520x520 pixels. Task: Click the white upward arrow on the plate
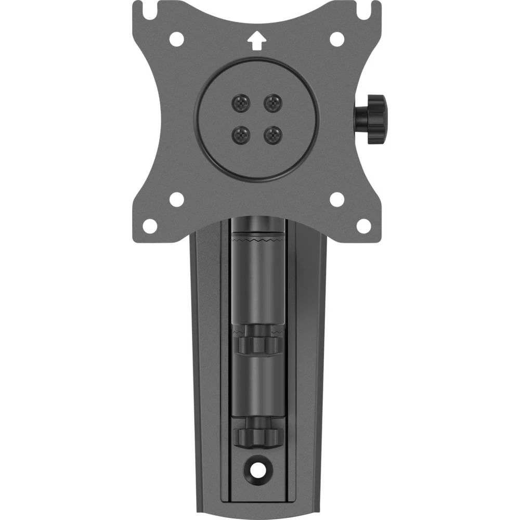tap(255, 41)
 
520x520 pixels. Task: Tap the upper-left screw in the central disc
tap(240, 102)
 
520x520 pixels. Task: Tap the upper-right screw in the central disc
tap(272, 102)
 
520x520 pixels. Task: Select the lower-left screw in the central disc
tap(240, 136)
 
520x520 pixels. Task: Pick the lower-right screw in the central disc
tap(272, 136)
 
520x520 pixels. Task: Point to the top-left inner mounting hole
tap(177, 39)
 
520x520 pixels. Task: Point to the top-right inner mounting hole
tap(337, 39)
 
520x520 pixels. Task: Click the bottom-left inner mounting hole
tap(177, 199)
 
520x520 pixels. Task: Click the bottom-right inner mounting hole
tap(337, 199)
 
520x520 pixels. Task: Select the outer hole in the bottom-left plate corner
tap(150, 226)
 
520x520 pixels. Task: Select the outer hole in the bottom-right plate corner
tap(363, 226)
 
